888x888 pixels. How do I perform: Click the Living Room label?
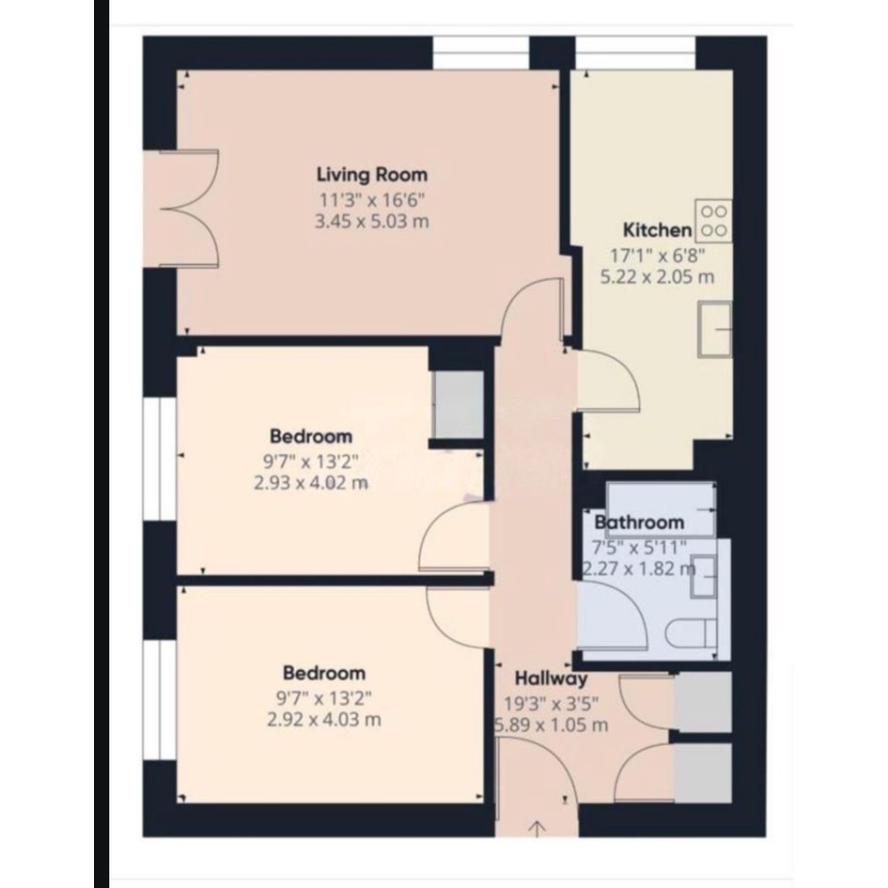point(371,175)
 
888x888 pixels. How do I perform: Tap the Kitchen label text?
point(657,230)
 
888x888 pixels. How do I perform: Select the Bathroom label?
point(639,522)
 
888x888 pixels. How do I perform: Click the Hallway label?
point(551,678)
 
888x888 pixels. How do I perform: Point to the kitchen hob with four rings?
point(713,221)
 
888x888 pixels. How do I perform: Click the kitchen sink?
point(715,329)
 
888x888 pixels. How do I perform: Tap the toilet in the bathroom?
point(692,633)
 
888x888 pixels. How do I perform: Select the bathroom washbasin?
point(704,577)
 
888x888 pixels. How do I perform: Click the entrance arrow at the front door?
point(537,828)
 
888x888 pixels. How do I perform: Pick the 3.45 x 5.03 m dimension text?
point(371,221)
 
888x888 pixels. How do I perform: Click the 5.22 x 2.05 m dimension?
point(657,277)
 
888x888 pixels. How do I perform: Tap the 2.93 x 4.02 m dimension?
point(311,483)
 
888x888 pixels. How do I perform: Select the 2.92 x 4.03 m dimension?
point(324,720)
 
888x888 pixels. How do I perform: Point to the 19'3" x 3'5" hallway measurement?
point(552,704)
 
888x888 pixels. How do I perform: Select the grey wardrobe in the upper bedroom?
point(459,404)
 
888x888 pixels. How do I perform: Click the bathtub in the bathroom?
point(661,508)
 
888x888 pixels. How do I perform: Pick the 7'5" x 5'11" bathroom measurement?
point(639,548)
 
